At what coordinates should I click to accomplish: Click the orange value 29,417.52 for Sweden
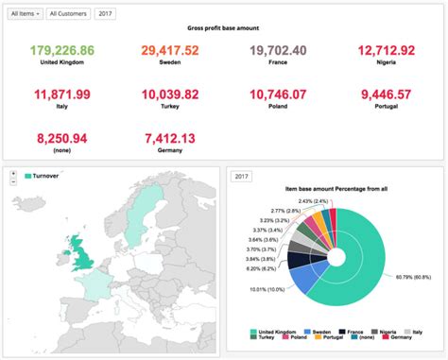point(170,49)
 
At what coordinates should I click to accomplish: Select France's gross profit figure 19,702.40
point(278,49)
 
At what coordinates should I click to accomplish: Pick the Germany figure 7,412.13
point(170,139)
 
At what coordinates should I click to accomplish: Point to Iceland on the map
point(38,195)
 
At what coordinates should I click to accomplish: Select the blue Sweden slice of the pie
point(304,278)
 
